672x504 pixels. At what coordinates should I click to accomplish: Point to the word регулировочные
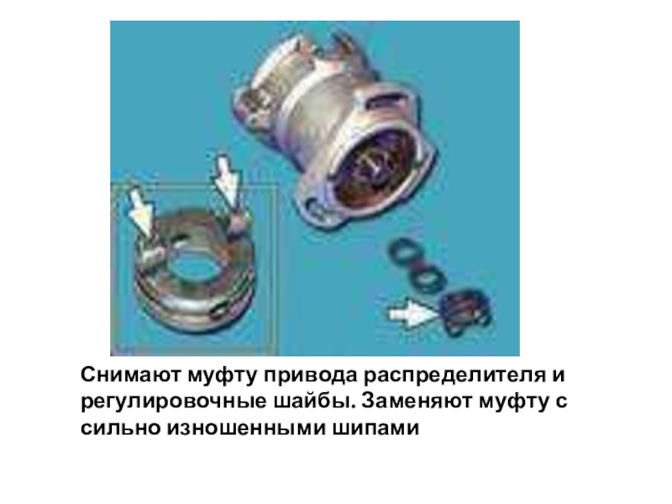click(173, 402)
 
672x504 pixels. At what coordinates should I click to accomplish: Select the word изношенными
click(246, 428)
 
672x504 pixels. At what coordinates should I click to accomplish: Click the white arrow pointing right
click(412, 312)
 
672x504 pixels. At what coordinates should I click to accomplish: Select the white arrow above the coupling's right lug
click(227, 180)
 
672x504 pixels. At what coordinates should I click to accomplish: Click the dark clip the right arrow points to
click(465, 312)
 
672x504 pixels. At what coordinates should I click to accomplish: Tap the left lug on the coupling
click(151, 256)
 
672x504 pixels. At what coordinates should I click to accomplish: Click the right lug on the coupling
click(239, 222)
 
